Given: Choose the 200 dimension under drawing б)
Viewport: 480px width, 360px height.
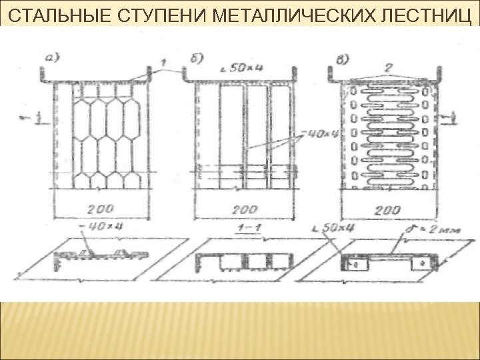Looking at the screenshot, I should point(245,210).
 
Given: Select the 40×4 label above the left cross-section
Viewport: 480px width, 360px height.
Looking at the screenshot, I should point(101,227).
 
